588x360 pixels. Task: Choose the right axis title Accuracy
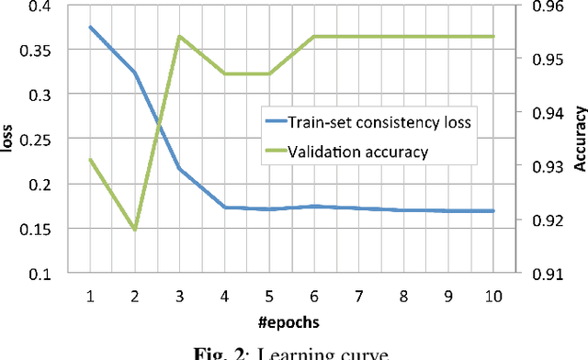(580, 140)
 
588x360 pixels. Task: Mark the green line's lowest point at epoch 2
(135, 229)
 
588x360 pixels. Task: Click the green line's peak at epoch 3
(179, 37)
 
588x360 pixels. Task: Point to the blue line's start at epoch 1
(90, 27)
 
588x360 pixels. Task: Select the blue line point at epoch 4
(224, 208)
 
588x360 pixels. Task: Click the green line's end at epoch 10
(493, 37)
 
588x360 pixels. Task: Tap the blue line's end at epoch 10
(493, 210)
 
